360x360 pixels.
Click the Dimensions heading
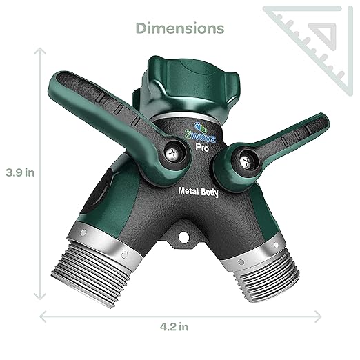pyautogui.click(x=180, y=28)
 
